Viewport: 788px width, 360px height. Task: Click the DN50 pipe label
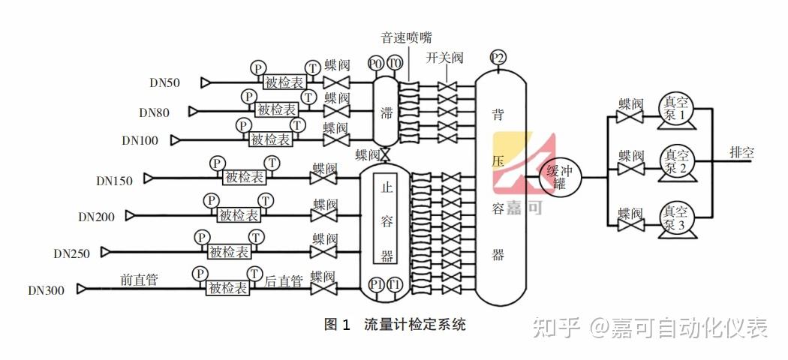coord(164,82)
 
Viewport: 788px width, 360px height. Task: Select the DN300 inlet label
coord(46,290)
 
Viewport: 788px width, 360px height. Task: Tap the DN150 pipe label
coord(114,180)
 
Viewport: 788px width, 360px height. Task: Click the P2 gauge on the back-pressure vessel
coord(498,58)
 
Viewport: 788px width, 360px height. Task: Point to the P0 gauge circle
coord(376,64)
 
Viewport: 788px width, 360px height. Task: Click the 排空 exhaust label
coord(741,152)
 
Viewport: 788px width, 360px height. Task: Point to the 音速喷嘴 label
coord(406,37)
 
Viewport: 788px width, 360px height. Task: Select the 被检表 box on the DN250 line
coord(229,252)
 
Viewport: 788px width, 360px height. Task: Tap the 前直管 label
coord(139,280)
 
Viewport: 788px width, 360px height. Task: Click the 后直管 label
coord(284,281)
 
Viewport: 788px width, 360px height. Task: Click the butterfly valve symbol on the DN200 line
coord(324,216)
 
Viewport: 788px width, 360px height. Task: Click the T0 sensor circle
coord(394,64)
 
